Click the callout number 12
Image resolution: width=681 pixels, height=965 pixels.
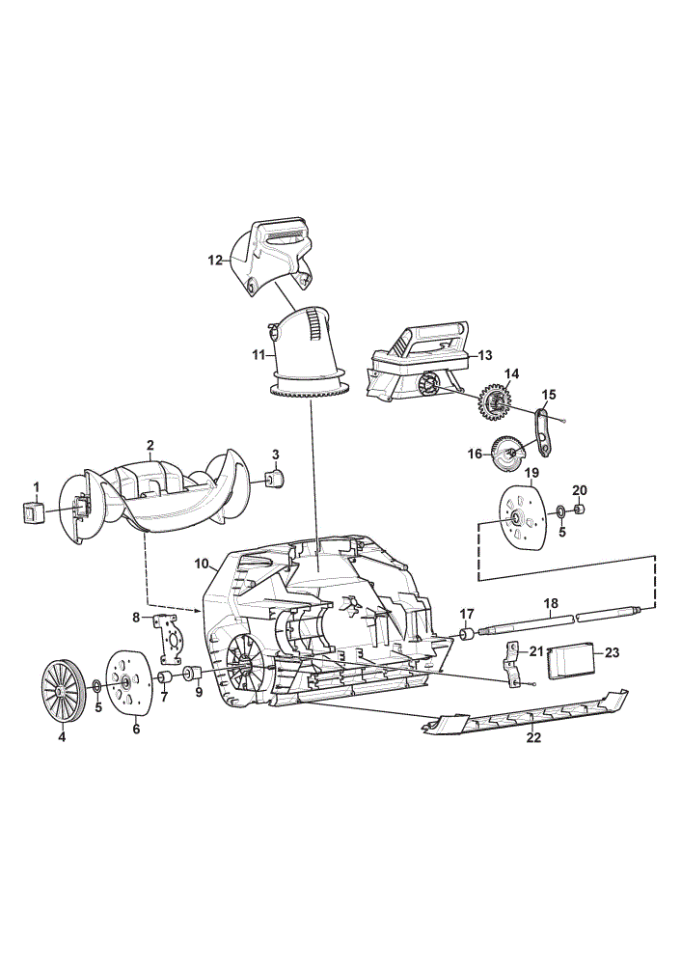[215, 261]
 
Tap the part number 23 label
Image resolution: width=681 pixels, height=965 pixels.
[612, 652]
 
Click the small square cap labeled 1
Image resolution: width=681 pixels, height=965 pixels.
[34, 512]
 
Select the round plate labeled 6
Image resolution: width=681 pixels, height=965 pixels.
[128, 683]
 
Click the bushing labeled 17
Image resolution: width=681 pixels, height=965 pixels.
[468, 634]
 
